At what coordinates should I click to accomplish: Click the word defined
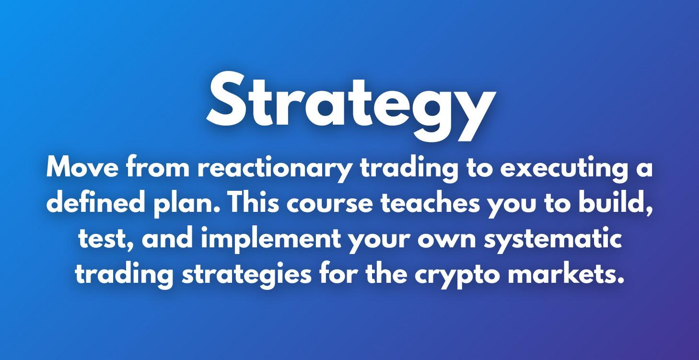(95, 204)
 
